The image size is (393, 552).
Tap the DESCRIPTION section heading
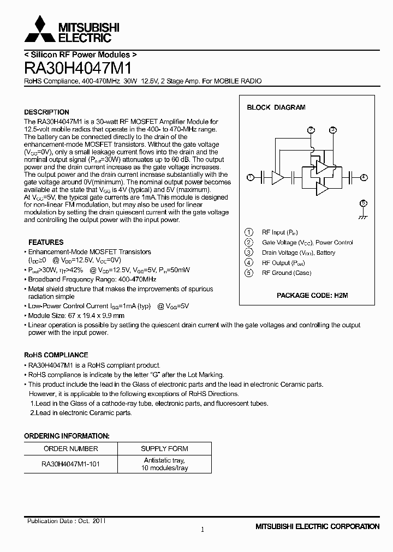[46, 112]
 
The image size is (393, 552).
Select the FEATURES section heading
[46, 242]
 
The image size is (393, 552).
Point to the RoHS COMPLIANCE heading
[56, 355]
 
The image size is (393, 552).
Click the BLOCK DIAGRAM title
[276, 107]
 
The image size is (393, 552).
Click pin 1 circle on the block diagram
[250, 177]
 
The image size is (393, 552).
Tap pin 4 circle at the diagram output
[364, 177]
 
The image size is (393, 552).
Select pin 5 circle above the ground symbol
[364, 203]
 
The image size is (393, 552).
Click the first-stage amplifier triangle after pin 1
[278, 177]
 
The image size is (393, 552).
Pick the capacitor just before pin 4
[348, 177]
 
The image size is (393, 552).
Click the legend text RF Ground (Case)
[287, 273]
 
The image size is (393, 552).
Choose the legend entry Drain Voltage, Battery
[299, 253]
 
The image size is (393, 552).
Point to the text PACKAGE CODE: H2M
[312, 295]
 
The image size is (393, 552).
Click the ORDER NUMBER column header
[70, 448]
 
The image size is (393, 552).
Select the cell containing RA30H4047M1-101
[70, 464]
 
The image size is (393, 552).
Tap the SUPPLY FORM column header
[164, 448]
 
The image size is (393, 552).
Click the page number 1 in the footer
[202, 529]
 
